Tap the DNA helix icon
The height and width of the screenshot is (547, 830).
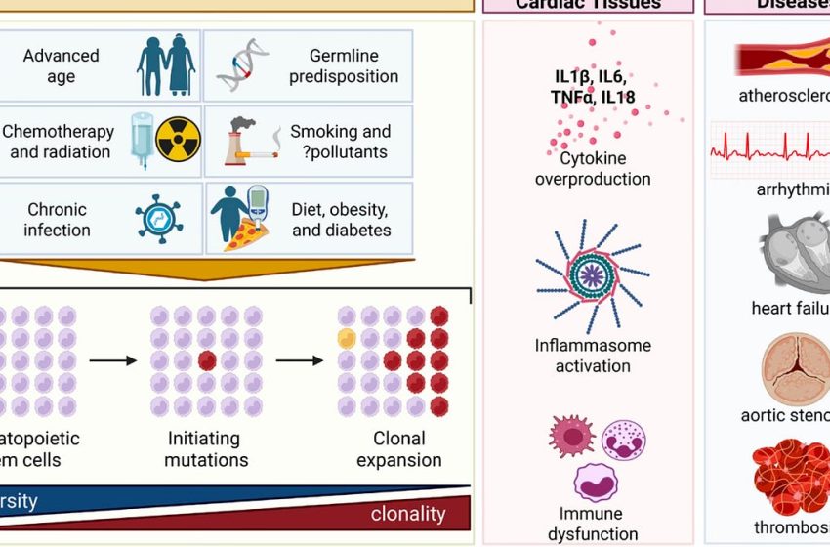tap(239, 65)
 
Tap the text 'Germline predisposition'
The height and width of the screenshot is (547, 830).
tap(343, 65)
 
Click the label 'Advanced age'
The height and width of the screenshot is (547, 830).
tap(61, 65)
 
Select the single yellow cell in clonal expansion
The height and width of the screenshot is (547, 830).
tap(346, 338)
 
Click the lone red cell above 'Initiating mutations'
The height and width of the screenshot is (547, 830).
tap(206, 360)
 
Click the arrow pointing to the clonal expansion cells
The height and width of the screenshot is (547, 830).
tap(299, 360)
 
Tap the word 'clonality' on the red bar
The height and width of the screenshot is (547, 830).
tap(407, 513)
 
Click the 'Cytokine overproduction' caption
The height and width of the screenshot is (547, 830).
tap(592, 168)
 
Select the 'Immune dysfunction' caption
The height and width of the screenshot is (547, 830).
tap(592, 525)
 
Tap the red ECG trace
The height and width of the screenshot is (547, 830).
tap(771, 151)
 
